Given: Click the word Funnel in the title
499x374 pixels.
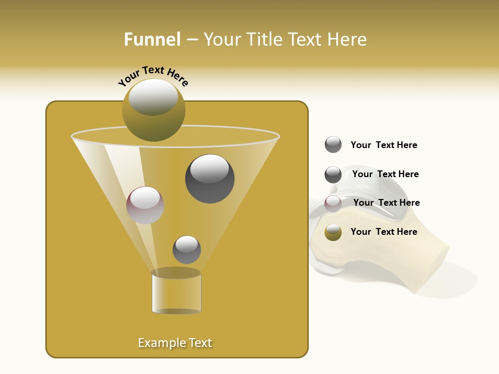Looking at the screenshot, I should click(152, 39).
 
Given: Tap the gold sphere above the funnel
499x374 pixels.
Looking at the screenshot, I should click(153, 110).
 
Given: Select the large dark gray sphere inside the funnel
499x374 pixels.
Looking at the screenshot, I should click(209, 179).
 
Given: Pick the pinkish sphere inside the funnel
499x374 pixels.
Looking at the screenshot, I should click(145, 205).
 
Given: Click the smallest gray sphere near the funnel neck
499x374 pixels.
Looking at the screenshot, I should click(187, 249).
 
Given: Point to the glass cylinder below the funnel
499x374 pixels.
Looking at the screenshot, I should click(176, 292).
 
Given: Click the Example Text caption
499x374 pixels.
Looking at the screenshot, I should click(175, 343).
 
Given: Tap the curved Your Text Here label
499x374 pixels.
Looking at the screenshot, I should click(153, 75).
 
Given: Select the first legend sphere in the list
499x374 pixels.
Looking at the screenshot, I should click(333, 145).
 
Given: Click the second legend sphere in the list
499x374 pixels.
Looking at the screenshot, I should click(333, 175).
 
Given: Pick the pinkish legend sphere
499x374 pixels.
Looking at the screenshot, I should click(333, 204).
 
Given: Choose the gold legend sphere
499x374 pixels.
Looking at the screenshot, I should click(333, 232).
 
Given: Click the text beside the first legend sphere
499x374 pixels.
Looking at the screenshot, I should click(384, 145).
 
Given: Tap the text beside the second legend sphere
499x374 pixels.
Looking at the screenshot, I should click(385, 174).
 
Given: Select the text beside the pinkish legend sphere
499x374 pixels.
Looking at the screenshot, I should click(386, 203).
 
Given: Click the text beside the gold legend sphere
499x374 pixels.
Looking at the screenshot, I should click(384, 232).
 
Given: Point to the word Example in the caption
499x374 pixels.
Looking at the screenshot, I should click(160, 343).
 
